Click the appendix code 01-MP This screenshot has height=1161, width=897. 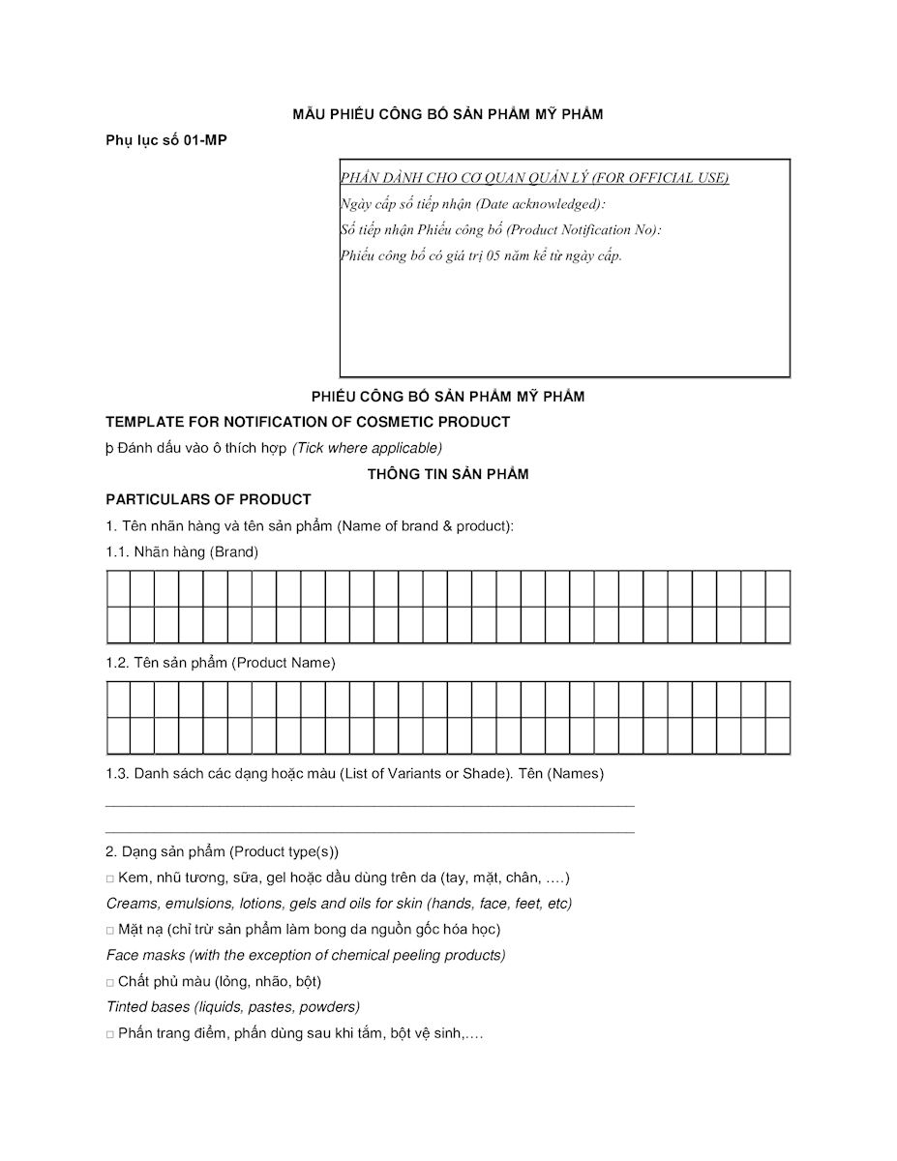[205, 140]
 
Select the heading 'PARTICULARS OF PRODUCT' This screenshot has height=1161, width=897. [208, 499]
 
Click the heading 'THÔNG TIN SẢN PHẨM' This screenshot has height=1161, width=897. [448, 474]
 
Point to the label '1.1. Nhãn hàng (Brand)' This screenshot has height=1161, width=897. [182, 551]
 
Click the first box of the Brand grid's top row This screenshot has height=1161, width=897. [118, 588]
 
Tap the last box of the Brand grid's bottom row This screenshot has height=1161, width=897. [778, 625]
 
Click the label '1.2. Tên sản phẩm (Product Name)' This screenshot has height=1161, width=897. [221, 663]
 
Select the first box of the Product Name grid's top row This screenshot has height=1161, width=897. [118, 700]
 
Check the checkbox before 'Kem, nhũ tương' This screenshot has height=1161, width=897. [110, 878]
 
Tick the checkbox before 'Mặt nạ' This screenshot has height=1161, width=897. [110, 930]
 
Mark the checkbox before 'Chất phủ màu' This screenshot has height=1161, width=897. [110, 982]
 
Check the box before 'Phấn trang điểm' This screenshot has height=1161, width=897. [110, 1034]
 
